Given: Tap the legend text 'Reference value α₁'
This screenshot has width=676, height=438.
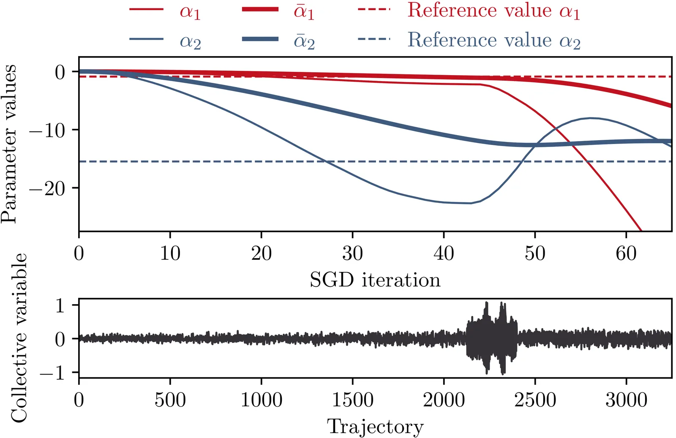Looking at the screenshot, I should pos(493,10).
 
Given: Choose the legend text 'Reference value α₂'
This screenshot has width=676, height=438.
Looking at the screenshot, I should pos(493,40).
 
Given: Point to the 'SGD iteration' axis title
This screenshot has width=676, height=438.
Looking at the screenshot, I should pos(375,280).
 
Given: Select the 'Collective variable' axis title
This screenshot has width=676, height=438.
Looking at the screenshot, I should pos(19,338).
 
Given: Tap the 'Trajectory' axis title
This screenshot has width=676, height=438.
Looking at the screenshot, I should pos(375,427).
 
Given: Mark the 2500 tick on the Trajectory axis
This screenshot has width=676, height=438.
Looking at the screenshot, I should pos(535,400).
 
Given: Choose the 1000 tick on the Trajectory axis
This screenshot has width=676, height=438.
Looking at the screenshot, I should pos(262,400).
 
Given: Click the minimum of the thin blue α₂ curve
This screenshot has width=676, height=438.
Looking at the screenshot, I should pos(470,203).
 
